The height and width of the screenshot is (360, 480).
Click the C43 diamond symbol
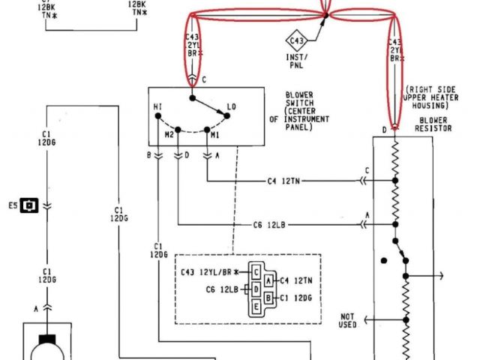(x=297, y=40)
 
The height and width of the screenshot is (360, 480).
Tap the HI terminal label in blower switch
(x=157, y=107)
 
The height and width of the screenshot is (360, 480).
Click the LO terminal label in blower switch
(x=231, y=107)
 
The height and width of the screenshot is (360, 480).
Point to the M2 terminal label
(x=169, y=134)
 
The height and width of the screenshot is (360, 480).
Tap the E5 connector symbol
(x=30, y=204)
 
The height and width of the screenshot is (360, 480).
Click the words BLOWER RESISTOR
(x=433, y=124)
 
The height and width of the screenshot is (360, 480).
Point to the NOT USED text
(x=347, y=320)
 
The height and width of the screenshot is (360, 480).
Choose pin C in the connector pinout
(x=256, y=271)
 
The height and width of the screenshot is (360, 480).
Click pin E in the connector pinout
(x=256, y=306)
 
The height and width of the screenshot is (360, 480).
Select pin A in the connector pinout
(x=268, y=280)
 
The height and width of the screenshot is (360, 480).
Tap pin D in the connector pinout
(x=256, y=289)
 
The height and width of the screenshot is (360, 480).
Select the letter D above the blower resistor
(x=383, y=130)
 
